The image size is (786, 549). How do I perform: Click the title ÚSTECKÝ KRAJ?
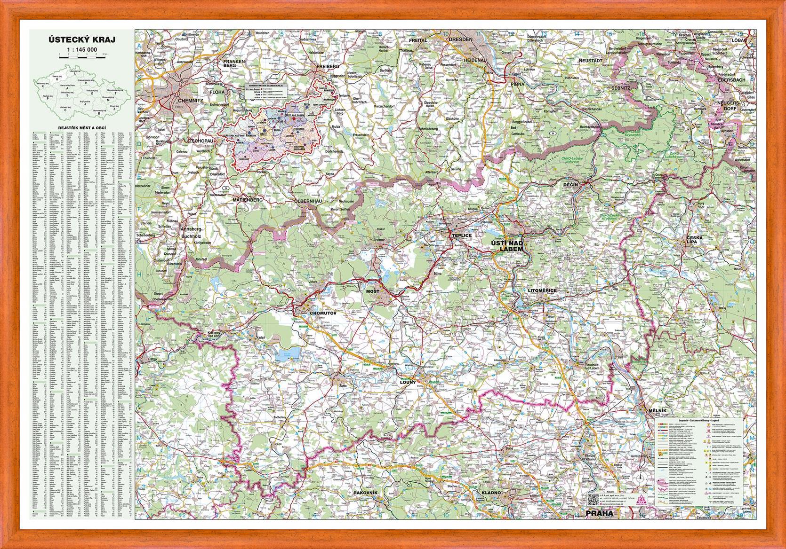(82, 40)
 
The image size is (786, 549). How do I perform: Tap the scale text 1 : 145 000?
(82, 49)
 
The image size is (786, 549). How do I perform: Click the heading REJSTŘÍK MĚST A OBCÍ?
(82, 127)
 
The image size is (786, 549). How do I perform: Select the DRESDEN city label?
(460, 39)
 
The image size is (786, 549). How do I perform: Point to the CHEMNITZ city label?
(190, 100)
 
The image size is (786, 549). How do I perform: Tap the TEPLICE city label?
(461, 235)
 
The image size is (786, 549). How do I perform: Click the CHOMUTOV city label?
(324, 312)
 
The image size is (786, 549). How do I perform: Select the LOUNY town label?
(408, 382)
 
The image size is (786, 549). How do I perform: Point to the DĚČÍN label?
(570, 185)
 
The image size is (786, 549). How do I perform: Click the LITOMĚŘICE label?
(542, 290)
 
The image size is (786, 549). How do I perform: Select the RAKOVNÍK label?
(366, 493)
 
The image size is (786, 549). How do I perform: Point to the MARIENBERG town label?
(248, 200)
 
